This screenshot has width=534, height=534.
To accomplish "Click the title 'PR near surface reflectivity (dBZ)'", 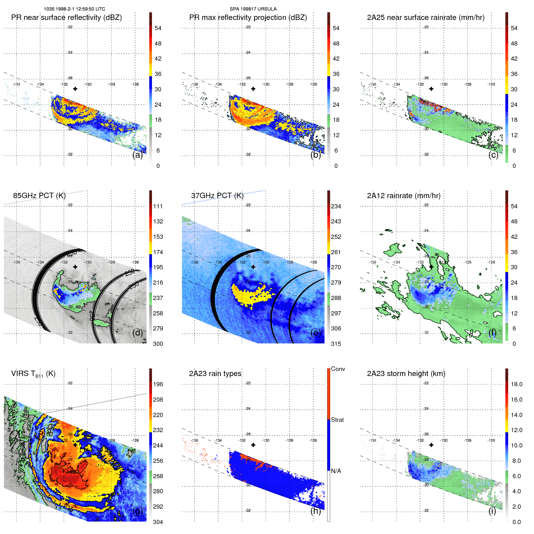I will click(66, 17).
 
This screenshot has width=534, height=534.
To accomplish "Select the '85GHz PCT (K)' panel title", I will click(39, 196).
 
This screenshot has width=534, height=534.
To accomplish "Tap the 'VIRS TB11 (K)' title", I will click(33, 374).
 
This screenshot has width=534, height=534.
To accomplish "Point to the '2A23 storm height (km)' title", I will click(406, 374).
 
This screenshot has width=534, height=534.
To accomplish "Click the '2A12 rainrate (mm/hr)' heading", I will click(403, 196).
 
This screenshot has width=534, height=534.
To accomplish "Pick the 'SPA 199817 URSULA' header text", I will click(253, 9).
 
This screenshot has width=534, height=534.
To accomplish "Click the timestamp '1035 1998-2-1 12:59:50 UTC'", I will click(74, 9).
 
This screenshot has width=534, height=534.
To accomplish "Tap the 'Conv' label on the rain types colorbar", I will click(338, 369).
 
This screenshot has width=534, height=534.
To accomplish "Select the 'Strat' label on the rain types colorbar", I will click(337, 420).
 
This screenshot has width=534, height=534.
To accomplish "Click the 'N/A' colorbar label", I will click(336, 471).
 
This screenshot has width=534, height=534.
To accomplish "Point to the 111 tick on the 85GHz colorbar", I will click(158, 206).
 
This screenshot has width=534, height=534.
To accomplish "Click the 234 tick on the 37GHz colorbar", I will click(336, 206).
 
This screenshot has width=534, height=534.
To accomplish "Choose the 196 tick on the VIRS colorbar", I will click(158, 384).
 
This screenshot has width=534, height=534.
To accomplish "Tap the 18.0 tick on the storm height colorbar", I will click(516, 384).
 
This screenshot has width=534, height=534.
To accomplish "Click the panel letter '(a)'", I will click(137, 155).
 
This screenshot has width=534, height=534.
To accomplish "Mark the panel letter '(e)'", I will click(315, 333).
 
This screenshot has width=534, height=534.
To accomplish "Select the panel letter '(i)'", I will click(492, 511).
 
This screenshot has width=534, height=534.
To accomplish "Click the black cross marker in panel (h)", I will click(253, 445).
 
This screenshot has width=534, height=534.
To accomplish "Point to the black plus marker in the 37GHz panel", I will click(253, 267).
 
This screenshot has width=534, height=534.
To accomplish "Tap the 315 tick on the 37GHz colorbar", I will click(336, 344).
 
